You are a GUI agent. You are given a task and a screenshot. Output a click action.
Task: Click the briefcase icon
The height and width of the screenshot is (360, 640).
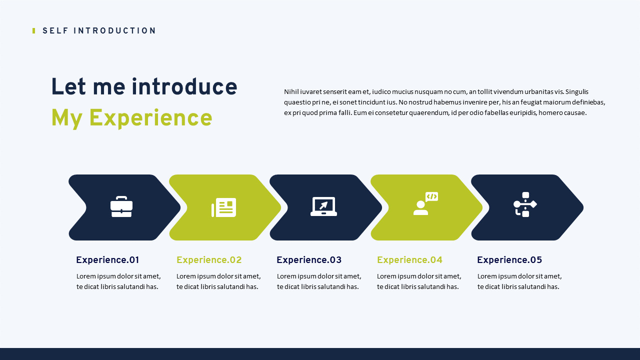(x=121, y=206)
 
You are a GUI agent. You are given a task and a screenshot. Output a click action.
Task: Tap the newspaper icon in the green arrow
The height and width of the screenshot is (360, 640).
(x=223, y=207)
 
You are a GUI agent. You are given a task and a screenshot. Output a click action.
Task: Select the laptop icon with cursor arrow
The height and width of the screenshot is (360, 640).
(x=323, y=206)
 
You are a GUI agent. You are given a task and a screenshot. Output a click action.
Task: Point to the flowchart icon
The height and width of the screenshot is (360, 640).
(x=525, y=204)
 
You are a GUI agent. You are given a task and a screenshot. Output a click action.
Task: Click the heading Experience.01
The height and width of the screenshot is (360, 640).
(x=107, y=260)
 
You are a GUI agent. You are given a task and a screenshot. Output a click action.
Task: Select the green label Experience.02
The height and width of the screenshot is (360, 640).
(x=209, y=260)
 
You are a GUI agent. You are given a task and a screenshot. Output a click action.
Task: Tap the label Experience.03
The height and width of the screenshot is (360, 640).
(x=309, y=260)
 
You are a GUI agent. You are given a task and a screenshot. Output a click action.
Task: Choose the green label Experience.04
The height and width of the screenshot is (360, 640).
(x=409, y=260)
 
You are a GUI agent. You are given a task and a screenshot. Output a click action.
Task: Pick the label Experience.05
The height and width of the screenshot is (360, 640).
(x=509, y=260)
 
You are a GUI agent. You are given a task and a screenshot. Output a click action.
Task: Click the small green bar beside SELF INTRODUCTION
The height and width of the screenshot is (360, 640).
(x=33, y=31)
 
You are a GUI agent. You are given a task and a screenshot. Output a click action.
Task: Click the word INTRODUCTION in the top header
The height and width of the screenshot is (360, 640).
(x=114, y=31)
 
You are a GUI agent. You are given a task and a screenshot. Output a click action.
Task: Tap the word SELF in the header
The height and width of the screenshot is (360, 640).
(x=55, y=31)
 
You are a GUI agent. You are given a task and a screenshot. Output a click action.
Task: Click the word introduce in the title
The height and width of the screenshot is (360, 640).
(x=184, y=86)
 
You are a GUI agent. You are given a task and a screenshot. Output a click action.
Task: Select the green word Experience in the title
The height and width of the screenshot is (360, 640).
(x=150, y=118)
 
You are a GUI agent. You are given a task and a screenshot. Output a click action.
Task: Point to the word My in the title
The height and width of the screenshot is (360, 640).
(x=67, y=118)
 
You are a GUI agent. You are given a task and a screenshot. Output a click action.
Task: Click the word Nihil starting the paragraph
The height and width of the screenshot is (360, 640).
(x=291, y=91)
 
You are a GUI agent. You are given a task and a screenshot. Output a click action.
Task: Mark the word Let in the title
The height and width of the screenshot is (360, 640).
(x=68, y=86)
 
